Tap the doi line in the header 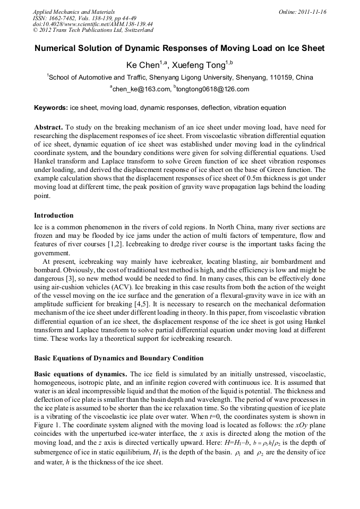click(92, 24)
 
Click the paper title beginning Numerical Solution click(179, 48)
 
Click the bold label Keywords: click(51, 108)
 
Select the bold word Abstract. click(48, 128)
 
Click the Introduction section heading click(54, 215)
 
